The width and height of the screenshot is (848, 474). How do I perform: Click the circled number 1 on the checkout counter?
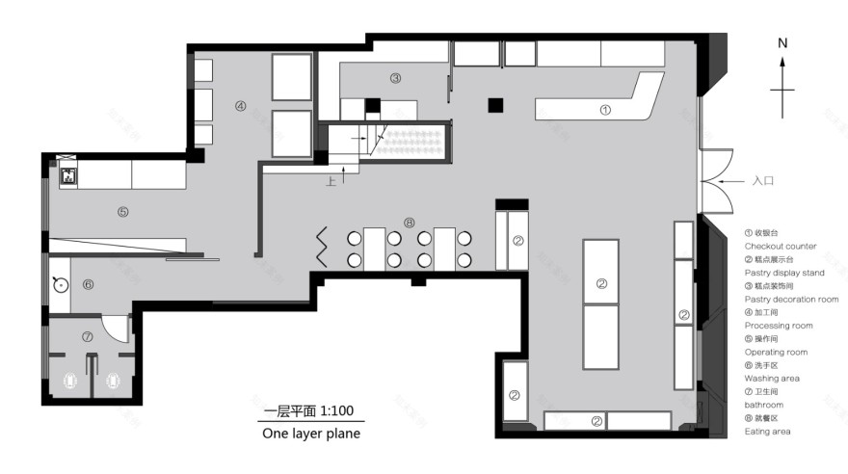pyautogui.click(x=605, y=110)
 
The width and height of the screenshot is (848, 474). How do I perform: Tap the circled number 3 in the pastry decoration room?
pyautogui.click(x=395, y=78)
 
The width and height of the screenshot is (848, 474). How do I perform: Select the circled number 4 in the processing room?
pyautogui.click(x=241, y=106)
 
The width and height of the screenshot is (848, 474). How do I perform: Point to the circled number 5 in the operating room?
pyautogui.click(x=123, y=212)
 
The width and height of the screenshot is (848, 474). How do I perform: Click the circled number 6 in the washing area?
pyautogui.click(x=88, y=284)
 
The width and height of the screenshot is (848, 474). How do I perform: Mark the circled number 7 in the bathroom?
pyautogui.click(x=87, y=337)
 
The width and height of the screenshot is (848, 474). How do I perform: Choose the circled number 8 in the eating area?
pyautogui.click(x=410, y=223)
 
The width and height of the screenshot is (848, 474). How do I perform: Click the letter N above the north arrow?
pyautogui.click(x=783, y=43)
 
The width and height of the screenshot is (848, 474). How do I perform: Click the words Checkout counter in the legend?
pyautogui.click(x=781, y=247)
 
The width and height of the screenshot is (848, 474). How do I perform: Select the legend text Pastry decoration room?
pyautogui.click(x=791, y=300)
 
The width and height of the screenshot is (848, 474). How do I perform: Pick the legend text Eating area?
pyautogui.click(x=768, y=432)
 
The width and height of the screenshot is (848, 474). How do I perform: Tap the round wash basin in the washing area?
pyautogui.click(x=60, y=284)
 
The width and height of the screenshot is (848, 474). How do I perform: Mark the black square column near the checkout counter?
pyautogui.click(x=495, y=105)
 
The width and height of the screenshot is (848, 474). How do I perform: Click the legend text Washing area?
pyautogui.click(x=772, y=379)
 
